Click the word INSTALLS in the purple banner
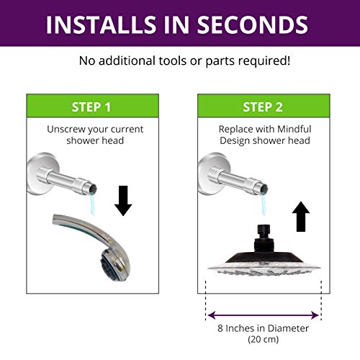tap(101, 24)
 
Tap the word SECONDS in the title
tap(253, 24)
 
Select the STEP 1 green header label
tap(91, 107)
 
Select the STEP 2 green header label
tap(263, 107)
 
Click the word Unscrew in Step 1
tap(66, 129)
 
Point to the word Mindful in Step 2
tap(294, 129)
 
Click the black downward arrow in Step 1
tap(123, 201)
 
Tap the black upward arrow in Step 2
tap(301, 217)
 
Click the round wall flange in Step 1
tap(41, 174)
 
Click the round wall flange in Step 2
tap(212, 174)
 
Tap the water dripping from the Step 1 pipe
tap(92, 204)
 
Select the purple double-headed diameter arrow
tap(264, 315)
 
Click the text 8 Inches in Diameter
tap(263, 328)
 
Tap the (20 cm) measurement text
tap(264, 339)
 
